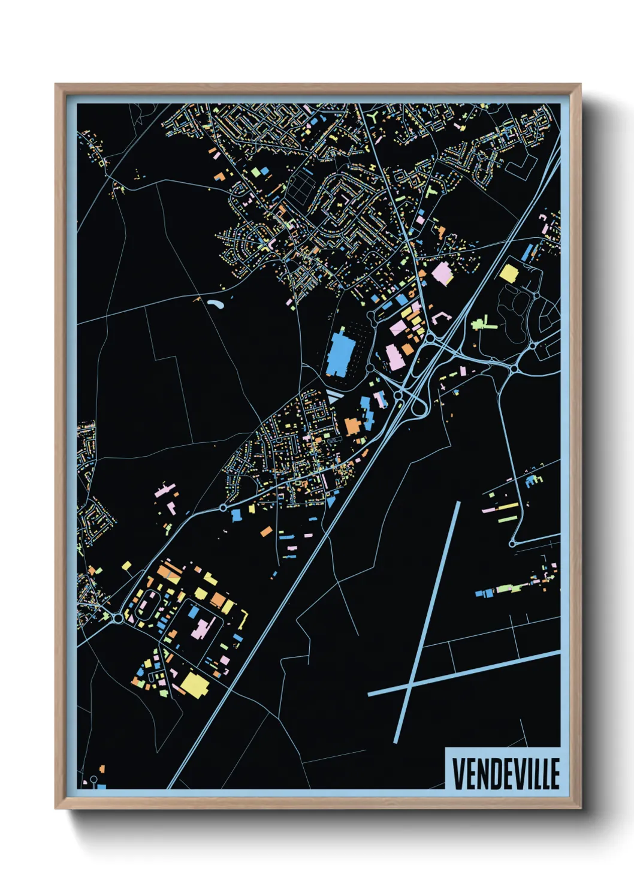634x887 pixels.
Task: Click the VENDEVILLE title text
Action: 505,773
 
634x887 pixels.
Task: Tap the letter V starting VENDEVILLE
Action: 458,773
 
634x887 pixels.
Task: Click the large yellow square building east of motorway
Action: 508,273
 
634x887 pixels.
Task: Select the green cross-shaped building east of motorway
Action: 482,325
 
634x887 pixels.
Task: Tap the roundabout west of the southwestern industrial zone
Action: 117,617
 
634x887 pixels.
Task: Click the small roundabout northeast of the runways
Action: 512,544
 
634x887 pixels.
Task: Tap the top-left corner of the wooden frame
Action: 56,85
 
